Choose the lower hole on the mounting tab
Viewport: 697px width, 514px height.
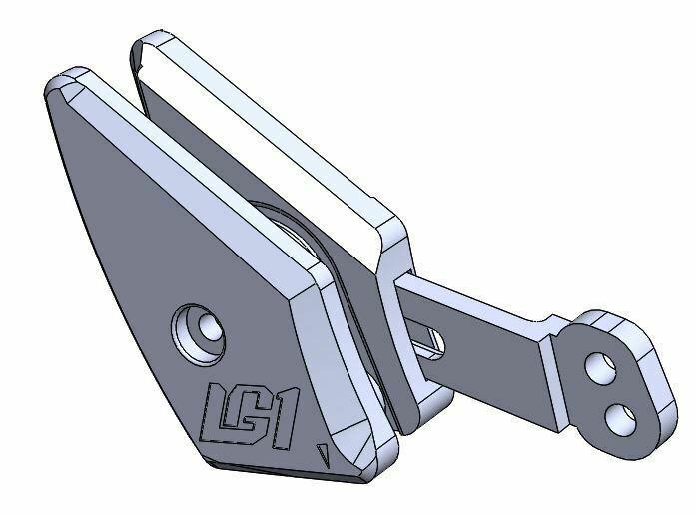click(x=618, y=411)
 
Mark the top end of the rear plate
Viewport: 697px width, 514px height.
click(x=150, y=45)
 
